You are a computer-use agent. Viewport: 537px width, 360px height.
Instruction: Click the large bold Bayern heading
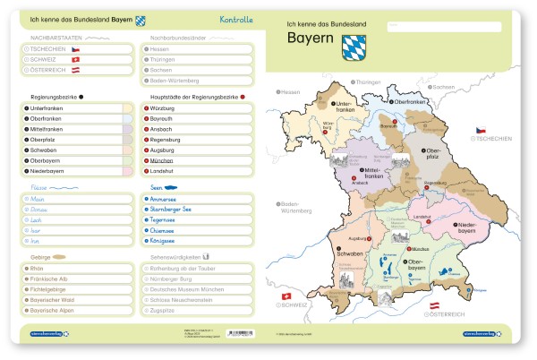click(310, 39)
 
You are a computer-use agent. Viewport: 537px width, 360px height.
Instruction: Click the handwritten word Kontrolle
click(236, 19)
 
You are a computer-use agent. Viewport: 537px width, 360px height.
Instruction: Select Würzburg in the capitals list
click(163, 107)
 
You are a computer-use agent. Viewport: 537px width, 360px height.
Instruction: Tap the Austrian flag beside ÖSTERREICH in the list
click(77, 70)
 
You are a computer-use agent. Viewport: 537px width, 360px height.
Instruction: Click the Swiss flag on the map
click(286, 296)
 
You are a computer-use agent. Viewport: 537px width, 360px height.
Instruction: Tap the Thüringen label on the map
click(369, 82)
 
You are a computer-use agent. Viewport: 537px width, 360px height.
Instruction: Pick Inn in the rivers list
click(36, 241)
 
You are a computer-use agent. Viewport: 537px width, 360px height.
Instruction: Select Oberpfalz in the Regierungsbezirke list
click(45, 140)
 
